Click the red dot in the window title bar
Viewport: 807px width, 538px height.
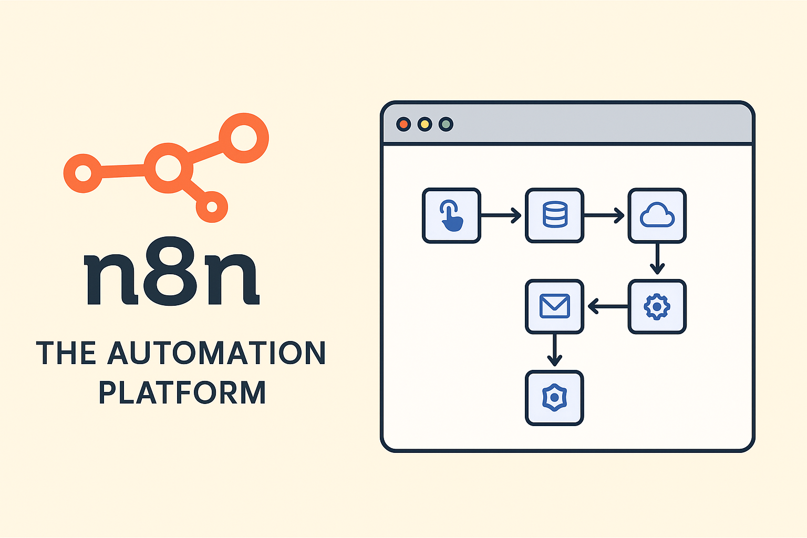403,125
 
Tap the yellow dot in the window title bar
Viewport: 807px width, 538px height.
425,125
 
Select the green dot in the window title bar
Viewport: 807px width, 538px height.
446,125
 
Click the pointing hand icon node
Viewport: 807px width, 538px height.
451,215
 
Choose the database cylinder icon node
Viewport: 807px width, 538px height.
554,215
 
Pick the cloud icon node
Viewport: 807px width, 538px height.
657,215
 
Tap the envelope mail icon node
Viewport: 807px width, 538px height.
554,306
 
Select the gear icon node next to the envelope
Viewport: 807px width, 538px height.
657,306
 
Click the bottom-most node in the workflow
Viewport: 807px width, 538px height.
554,398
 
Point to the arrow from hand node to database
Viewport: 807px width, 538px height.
501,215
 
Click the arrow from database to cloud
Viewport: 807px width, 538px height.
604,215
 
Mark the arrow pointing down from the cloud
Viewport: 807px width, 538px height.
657,259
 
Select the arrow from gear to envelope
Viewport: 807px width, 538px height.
607,306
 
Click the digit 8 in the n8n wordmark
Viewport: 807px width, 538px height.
172,271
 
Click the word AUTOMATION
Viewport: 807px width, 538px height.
216,353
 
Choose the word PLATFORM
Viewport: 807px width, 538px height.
182,393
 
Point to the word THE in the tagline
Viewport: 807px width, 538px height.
66,353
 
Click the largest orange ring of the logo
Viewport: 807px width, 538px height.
243,138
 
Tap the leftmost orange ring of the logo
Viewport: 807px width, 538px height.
83,173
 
